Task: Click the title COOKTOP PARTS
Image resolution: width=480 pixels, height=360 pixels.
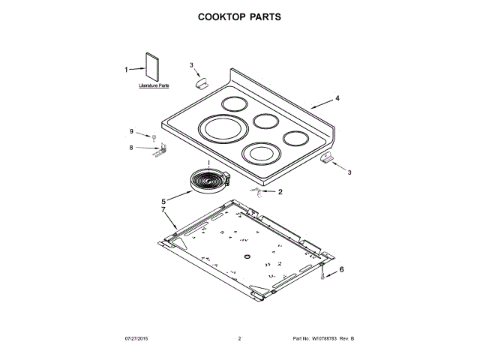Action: pyautogui.click(x=239, y=16)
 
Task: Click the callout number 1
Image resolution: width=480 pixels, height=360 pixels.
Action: pyautogui.click(x=126, y=70)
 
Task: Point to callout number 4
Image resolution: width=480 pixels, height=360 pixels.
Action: pyautogui.click(x=337, y=98)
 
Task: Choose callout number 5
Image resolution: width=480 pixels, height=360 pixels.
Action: pyautogui.click(x=163, y=201)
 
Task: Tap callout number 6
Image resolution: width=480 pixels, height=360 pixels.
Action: pyautogui.click(x=343, y=268)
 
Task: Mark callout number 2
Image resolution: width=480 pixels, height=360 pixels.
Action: pyautogui.click(x=280, y=192)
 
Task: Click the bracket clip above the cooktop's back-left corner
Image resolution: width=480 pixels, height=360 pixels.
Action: pyautogui.click(x=201, y=85)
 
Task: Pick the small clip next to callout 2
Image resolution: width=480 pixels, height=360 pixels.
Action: pyautogui.click(x=257, y=193)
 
